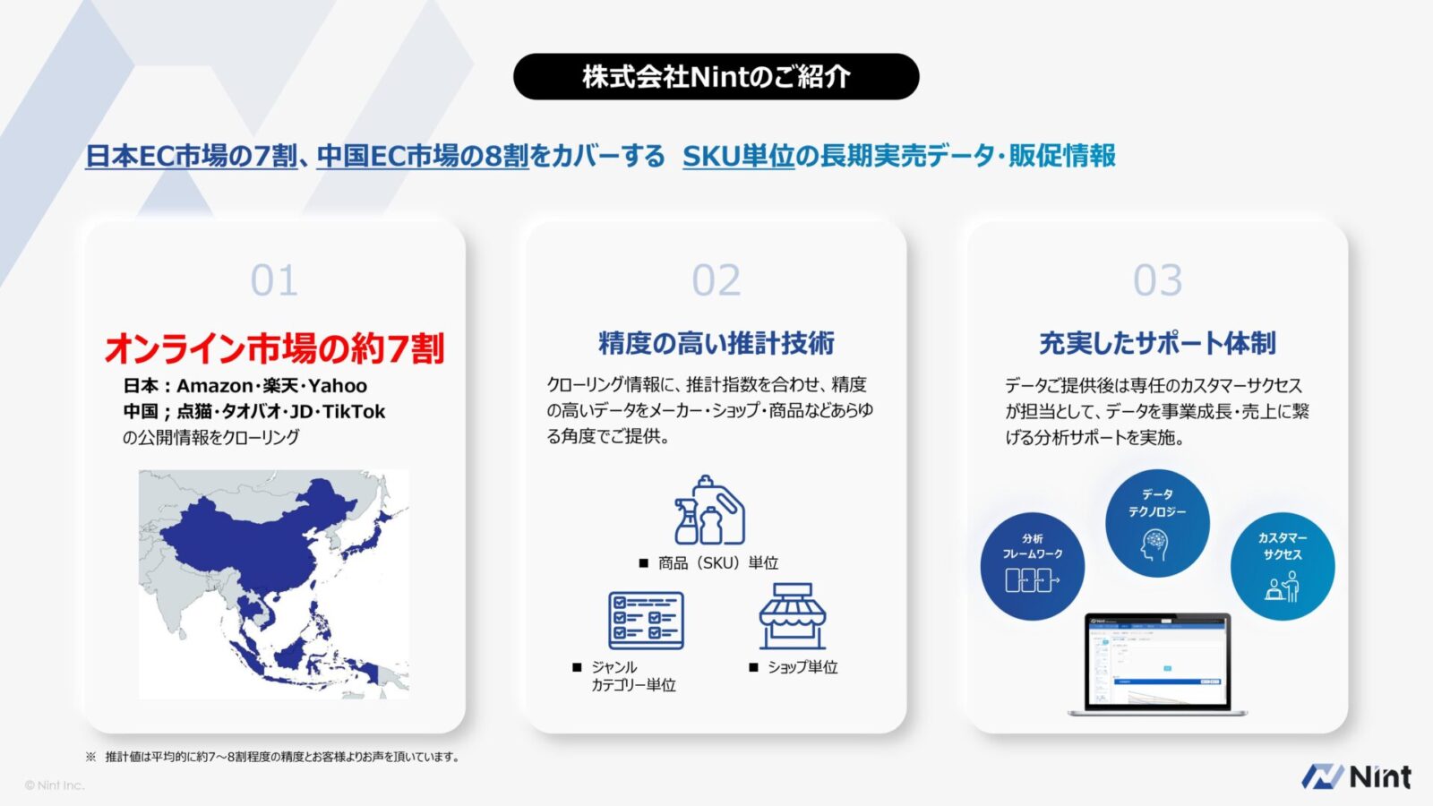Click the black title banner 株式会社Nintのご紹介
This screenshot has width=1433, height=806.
coord(716,76)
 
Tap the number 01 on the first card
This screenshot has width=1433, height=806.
coord(274,280)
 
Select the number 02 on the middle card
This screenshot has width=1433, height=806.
coord(716,280)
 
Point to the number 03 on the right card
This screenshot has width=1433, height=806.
coord(1157,280)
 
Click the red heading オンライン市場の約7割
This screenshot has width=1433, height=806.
coord(274,348)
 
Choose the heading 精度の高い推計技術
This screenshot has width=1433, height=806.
coord(716,343)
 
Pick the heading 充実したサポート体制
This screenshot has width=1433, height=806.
coord(1157,343)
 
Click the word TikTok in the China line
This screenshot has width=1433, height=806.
coord(354,412)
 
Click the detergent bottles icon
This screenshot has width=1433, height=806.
coord(709,510)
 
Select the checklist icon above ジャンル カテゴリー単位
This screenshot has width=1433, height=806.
coord(646,620)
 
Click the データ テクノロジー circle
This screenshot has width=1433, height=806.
coord(1157,523)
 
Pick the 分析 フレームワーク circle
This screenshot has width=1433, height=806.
coord(1033,566)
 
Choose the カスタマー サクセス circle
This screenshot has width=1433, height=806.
coord(1283,566)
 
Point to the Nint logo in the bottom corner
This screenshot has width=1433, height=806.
coord(1356,776)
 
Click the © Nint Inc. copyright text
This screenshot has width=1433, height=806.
coord(55,785)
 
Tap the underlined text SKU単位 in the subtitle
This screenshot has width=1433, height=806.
coord(738,156)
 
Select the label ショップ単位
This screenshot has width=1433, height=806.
coord(802,667)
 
